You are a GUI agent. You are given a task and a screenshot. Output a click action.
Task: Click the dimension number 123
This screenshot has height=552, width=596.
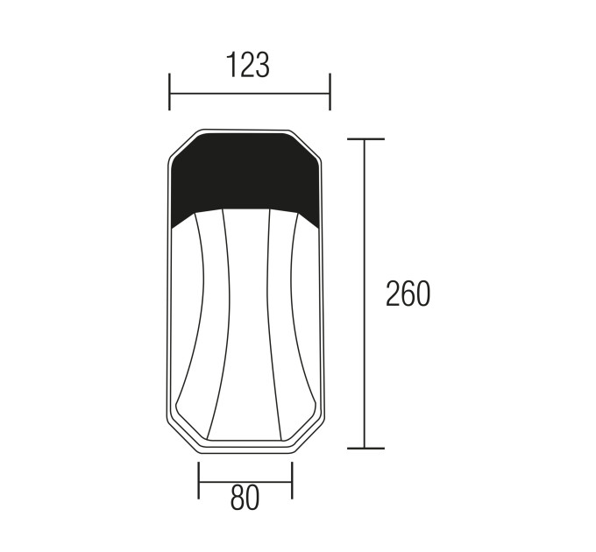tap(248, 65)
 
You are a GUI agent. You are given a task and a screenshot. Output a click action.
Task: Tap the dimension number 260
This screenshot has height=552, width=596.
tap(408, 294)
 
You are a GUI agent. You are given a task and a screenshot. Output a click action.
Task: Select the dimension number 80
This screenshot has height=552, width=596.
tap(245, 498)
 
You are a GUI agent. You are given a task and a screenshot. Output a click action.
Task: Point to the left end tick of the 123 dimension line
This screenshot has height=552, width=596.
tap(169, 92)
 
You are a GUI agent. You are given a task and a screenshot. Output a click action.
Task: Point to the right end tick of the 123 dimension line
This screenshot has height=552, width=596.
tap(330, 92)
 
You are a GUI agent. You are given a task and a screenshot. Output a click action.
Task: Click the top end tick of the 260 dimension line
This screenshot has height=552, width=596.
tap(365, 139)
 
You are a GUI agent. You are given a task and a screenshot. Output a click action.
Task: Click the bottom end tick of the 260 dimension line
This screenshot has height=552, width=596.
tap(365, 449)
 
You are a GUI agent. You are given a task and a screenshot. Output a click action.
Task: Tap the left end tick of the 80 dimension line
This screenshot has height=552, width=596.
tap(198, 480)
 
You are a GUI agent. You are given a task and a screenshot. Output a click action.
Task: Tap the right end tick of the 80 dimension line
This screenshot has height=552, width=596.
tap(292, 480)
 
